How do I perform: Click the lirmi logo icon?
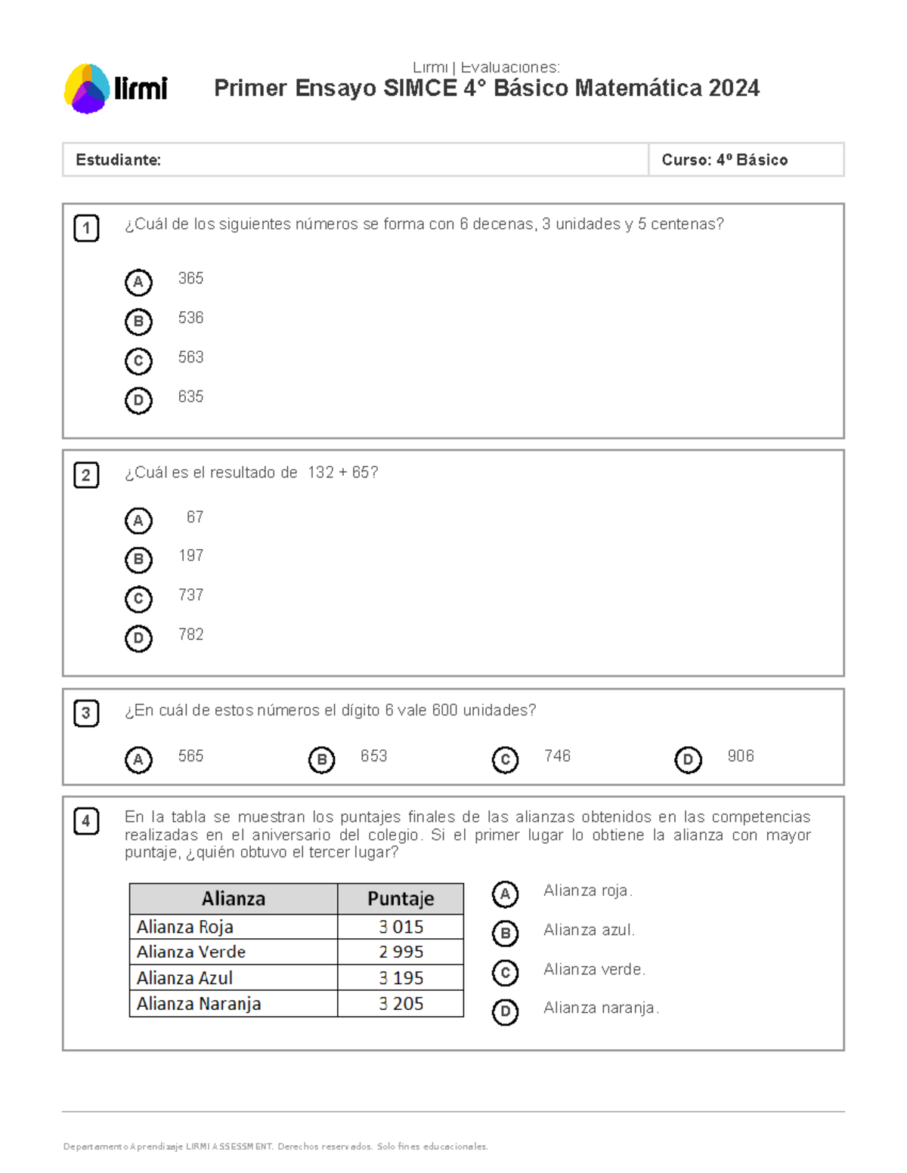(x=88, y=89)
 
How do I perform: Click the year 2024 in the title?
(x=734, y=88)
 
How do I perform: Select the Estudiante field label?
(x=118, y=160)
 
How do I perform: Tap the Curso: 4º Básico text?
(x=724, y=160)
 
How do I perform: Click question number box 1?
(x=86, y=228)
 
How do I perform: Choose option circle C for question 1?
(x=138, y=361)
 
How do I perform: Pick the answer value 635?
(x=190, y=397)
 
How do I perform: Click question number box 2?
(x=86, y=475)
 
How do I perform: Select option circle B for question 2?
(x=138, y=560)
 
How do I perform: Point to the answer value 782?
(x=190, y=634)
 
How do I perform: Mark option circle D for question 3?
(x=688, y=760)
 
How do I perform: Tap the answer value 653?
(x=373, y=756)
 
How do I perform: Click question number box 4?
(x=86, y=821)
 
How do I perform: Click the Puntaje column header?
(x=401, y=899)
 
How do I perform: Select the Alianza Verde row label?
(x=191, y=952)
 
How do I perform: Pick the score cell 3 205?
(x=401, y=1004)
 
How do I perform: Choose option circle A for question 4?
(x=505, y=894)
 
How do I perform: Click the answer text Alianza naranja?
(x=600, y=1008)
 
